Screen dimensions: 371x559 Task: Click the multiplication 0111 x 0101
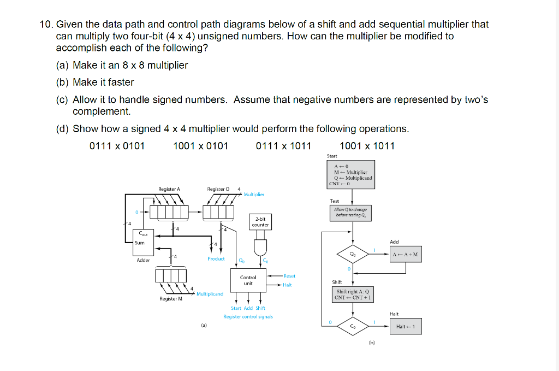click(x=116, y=146)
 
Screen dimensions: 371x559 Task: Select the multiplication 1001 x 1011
click(x=367, y=146)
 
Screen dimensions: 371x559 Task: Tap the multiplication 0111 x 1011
click(x=283, y=146)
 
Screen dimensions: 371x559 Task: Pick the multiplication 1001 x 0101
click(x=200, y=146)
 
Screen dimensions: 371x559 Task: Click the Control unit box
click(x=248, y=280)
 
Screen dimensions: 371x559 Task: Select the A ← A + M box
click(x=406, y=254)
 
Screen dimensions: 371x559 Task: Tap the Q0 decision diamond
click(x=353, y=254)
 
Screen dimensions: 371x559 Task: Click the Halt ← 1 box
click(x=406, y=327)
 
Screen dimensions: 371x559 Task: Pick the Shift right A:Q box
click(x=353, y=295)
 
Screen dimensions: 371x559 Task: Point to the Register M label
click(x=171, y=299)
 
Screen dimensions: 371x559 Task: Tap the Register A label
click(x=169, y=189)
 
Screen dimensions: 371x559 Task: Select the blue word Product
click(x=216, y=258)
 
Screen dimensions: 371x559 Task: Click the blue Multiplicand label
click(x=210, y=294)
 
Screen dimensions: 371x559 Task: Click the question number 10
click(x=46, y=25)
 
